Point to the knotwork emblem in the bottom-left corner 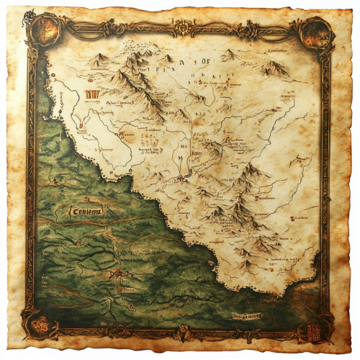pos(34,326)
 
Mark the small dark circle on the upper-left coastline pos(50,74)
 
